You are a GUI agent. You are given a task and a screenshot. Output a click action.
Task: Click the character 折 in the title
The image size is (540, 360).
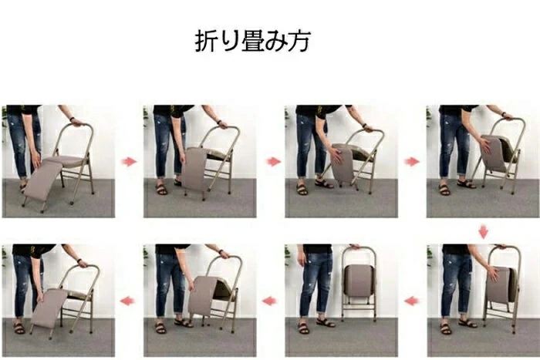(207, 41)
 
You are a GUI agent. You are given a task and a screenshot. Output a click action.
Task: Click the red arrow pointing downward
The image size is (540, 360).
(484, 231)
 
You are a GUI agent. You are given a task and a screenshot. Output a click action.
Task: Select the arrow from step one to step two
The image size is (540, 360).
(129, 161)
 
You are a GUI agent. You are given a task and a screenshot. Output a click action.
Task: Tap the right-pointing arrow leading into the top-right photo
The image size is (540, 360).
(412, 161)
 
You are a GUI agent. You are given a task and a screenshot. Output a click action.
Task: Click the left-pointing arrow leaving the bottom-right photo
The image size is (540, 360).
(412, 301)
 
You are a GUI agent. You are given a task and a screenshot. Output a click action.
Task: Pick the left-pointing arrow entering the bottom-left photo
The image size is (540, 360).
(129, 301)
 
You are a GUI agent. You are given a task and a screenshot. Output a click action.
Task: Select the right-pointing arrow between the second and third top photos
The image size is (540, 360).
(272, 161)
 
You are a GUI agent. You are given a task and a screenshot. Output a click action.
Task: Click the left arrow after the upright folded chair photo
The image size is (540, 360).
(270, 301)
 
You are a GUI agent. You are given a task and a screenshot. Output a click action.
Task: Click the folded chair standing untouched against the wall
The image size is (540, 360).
(359, 281)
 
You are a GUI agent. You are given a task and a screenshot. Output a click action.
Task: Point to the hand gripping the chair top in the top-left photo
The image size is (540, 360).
(75, 121)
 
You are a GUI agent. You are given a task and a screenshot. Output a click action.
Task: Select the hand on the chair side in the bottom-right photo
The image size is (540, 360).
(491, 272)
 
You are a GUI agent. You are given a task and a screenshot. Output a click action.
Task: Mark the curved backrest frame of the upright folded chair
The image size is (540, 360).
(359, 251)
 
